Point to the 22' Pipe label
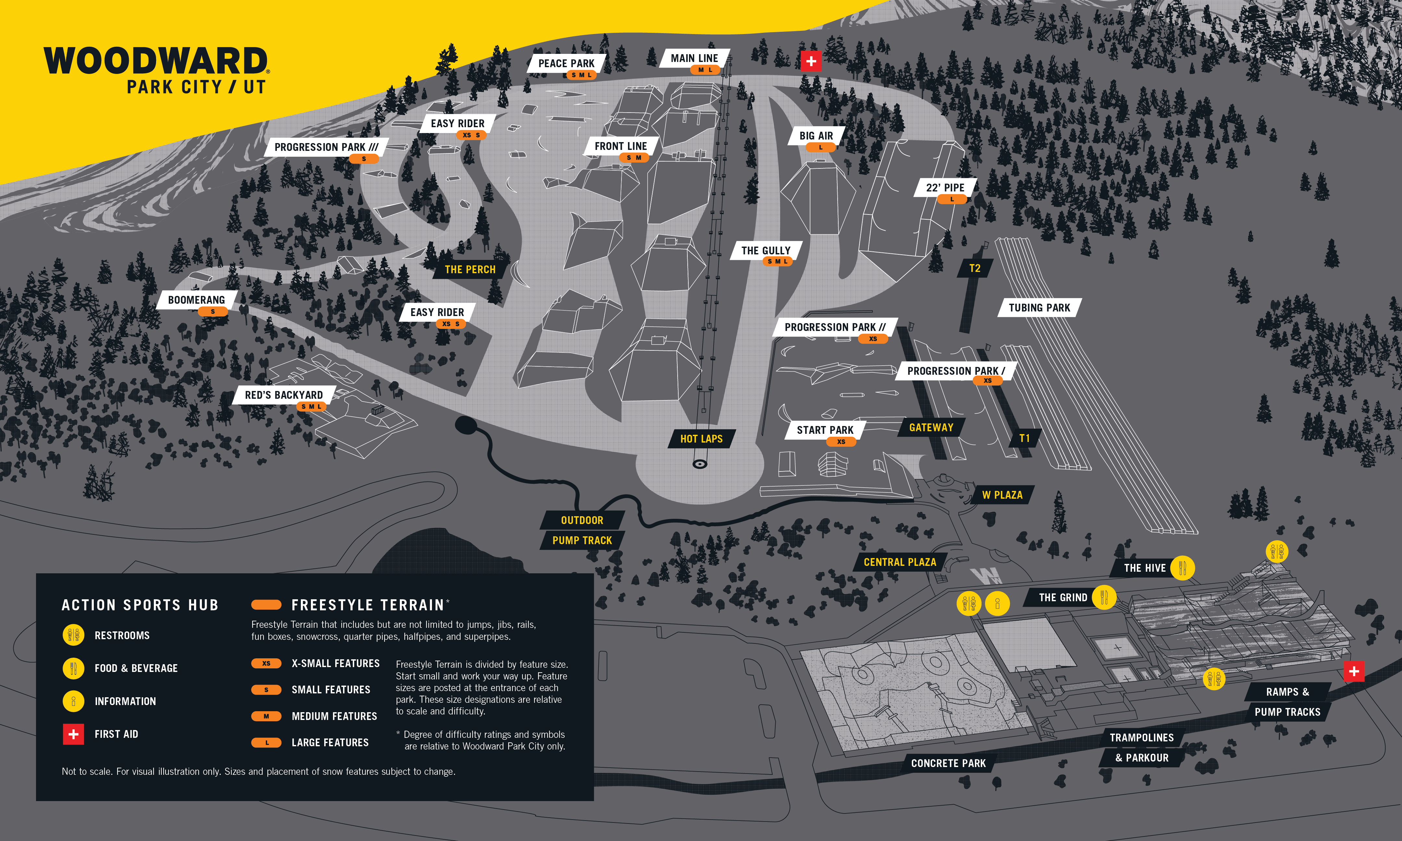(945, 188)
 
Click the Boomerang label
(196, 300)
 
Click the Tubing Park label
(1039, 308)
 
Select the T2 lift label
(975, 268)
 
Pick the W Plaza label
(1002, 495)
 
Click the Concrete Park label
(948, 763)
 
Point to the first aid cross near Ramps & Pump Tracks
(1354, 671)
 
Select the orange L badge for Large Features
(266, 742)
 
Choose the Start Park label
(825, 430)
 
